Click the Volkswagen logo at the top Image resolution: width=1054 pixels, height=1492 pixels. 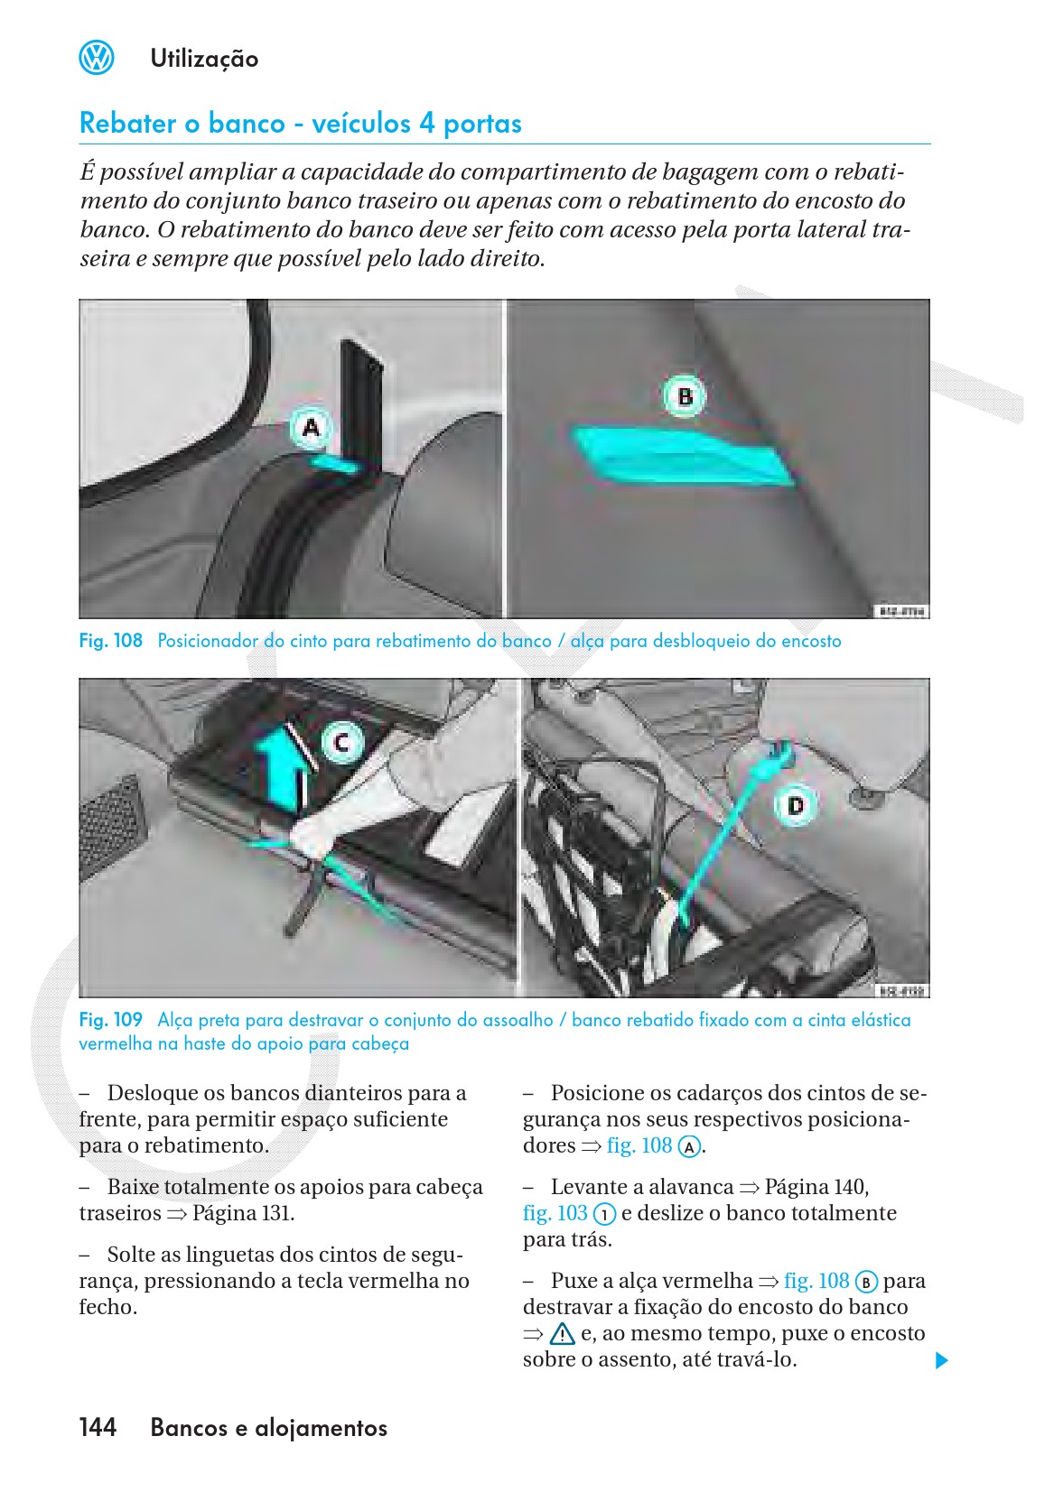point(97,59)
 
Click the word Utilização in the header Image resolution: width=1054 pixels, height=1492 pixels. point(204,60)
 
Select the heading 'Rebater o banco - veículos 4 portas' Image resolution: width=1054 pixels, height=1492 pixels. point(300,124)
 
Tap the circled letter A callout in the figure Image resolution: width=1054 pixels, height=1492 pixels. point(312,427)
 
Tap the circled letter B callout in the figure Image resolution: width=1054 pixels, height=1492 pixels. point(685,397)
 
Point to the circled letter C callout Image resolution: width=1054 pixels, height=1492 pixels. point(342,743)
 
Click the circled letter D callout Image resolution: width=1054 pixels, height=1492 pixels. point(796,804)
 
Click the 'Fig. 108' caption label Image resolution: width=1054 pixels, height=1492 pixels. point(110,641)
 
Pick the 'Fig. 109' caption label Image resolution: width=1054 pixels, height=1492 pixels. point(110,1020)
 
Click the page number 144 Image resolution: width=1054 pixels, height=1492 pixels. point(98,1427)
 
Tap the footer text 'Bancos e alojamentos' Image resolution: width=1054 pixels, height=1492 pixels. point(269,1428)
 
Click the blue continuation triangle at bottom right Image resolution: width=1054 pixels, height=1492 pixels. point(942,1360)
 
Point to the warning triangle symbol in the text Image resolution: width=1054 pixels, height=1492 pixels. point(562,1334)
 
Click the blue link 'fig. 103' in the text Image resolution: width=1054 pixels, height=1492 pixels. point(555,1213)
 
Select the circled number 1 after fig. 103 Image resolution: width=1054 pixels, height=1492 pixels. point(604,1215)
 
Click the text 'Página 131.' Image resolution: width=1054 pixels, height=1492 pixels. point(243,1213)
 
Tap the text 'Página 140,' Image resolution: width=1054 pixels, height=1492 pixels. point(816,1187)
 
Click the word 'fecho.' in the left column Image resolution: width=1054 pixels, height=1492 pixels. point(107,1307)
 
